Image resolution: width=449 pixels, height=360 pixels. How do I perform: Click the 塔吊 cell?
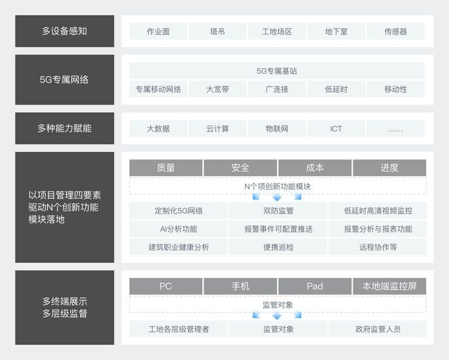217,31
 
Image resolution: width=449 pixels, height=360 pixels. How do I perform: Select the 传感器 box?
395,31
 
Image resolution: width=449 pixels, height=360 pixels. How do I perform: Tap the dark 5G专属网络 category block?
65,80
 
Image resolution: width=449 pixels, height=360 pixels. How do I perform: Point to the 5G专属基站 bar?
277,71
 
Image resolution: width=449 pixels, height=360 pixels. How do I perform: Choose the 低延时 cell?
336,89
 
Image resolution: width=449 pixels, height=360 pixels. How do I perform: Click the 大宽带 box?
217,89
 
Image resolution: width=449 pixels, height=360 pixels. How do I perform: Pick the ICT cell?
336,128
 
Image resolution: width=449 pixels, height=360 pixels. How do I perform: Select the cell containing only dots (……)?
395,128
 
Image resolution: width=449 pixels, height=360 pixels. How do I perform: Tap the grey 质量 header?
166,168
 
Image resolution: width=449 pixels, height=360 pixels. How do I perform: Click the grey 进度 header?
389,168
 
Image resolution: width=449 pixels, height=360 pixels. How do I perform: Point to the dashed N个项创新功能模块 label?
278,187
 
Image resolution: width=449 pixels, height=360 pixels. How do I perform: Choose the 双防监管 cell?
278,211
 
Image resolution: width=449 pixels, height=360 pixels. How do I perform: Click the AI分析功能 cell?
179,229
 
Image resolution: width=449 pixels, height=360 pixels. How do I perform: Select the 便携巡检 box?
278,247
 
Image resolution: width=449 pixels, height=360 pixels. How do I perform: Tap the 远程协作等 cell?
378,247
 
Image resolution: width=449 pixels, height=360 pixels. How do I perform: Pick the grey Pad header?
315,286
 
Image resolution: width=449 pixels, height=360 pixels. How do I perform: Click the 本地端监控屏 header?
389,286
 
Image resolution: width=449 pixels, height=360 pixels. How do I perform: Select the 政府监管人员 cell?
378,329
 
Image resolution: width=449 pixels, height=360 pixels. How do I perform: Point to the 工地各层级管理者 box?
179,329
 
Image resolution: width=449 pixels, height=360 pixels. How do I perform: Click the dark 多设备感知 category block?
65,31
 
